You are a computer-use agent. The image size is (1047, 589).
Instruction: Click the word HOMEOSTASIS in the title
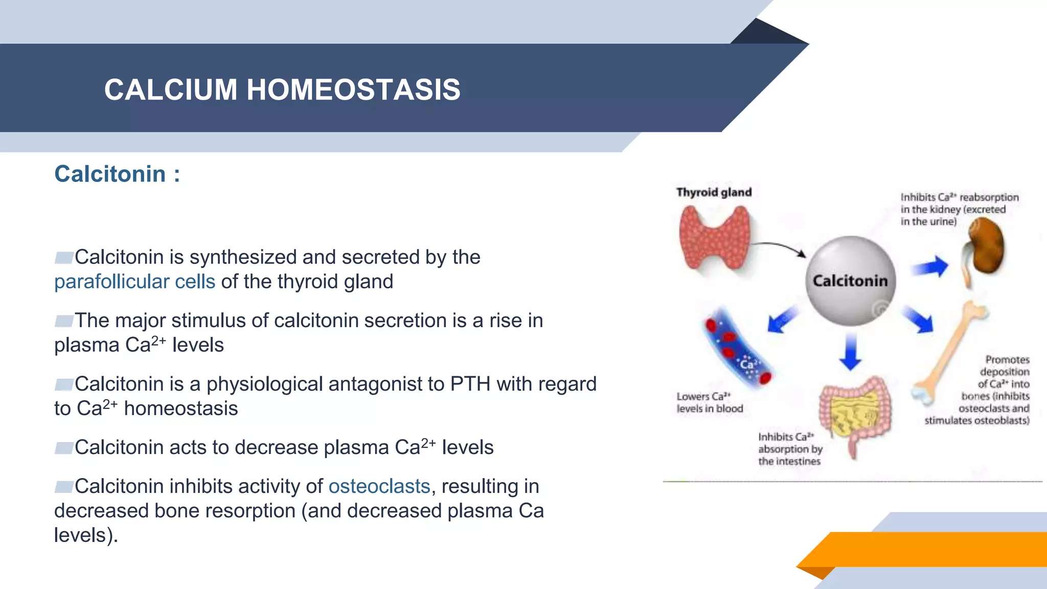[x=353, y=89]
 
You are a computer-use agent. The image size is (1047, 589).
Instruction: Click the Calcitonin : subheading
[x=117, y=174]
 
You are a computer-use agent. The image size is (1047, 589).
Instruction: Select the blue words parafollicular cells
[x=134, y=282]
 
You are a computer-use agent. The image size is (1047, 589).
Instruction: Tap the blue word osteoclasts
[x=379, y=486]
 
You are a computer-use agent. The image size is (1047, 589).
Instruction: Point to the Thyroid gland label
[x=714, y=192]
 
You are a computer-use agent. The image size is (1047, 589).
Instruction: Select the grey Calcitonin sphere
[x=850, y=281]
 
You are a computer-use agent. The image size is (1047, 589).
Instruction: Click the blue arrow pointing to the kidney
[x=930, y=266]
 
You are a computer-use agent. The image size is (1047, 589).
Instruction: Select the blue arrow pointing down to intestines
[x=851, y=351]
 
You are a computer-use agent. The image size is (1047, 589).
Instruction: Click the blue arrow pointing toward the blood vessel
[x=782, y=320]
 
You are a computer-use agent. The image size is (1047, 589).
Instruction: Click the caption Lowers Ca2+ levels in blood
[x=710, y=402]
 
